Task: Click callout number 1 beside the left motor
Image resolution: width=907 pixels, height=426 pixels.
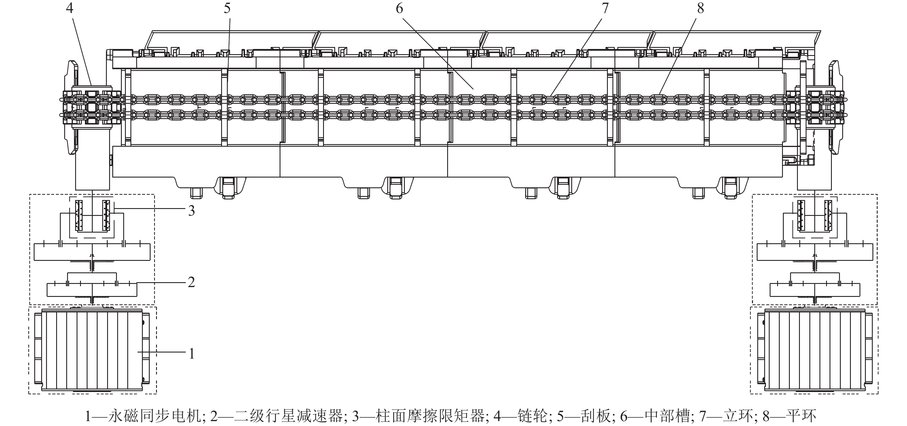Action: point(191,353)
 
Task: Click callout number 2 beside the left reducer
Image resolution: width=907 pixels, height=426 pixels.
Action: point(191,282)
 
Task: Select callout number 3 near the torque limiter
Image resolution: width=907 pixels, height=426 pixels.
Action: point(191,211)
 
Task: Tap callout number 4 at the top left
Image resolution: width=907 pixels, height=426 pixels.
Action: point(69,8)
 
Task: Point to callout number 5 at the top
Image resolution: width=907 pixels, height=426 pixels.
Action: point(227,8)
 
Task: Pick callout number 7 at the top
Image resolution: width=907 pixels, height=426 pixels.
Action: point(605,8)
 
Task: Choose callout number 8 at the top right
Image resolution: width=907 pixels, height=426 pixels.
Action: point(701,8)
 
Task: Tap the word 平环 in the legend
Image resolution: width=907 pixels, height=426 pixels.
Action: point(801,416)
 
